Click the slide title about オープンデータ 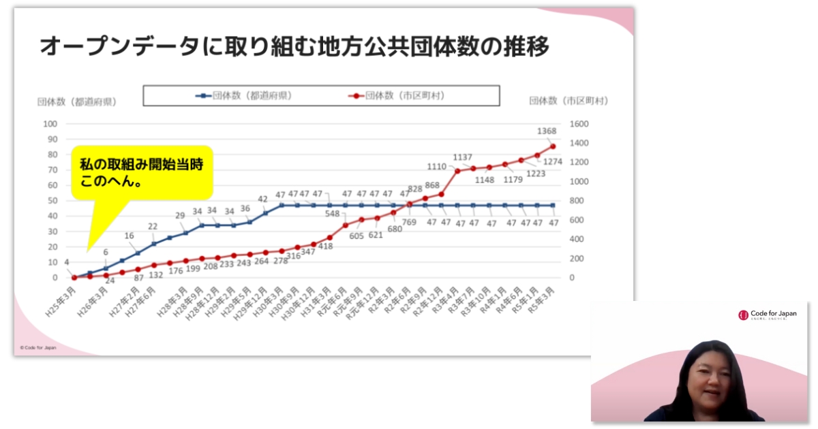(x=294, y=48)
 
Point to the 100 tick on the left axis (x=50, y=124)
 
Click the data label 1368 (x=547, y=131)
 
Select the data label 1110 (x=437, y=167)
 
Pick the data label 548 (x=332, y=214)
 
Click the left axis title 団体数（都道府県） (x=76, y=101)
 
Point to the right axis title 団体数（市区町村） (x=569, y=101)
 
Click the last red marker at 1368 (x=553, y=146)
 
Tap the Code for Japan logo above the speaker (x=767, y=315)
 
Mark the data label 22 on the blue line (x=153, y=227)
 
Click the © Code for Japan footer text (x=38, y=347)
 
